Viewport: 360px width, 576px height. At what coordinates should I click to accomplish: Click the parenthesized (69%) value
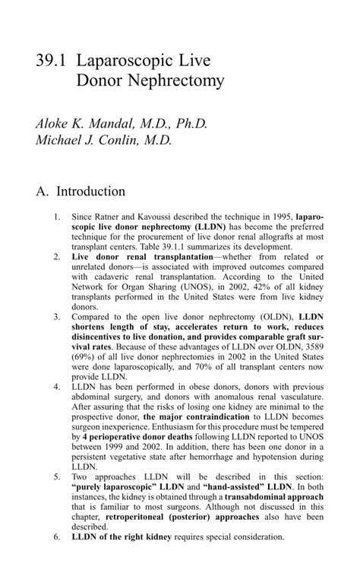85,356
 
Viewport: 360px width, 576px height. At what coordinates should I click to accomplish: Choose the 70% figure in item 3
207,367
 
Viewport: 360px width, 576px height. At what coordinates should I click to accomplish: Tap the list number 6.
57,536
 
